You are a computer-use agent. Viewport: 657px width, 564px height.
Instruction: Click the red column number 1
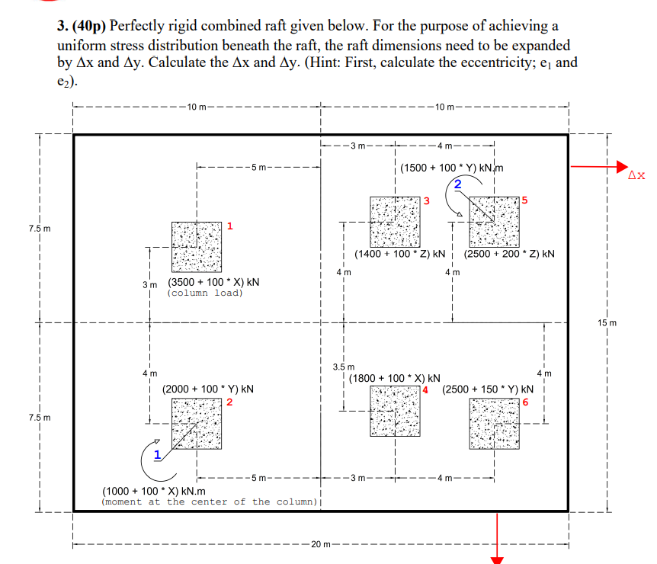[229, 226]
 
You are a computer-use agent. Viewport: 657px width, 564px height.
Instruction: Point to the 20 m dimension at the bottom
[320, 544]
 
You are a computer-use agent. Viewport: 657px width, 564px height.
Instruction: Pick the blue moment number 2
[457, 184]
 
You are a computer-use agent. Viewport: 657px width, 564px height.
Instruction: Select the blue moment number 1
[157, 455]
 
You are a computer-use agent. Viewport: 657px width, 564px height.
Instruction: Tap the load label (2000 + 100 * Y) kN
[208, 389]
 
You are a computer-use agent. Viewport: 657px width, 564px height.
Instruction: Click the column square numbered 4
[395, 411]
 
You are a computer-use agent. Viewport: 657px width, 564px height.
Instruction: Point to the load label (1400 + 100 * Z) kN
[400, 253]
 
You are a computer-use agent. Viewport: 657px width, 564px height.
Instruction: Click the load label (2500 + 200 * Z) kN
[508, 253]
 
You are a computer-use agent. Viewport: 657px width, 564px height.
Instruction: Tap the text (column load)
[205, 293]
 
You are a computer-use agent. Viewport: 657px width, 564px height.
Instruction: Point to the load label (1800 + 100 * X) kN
[394, 378]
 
